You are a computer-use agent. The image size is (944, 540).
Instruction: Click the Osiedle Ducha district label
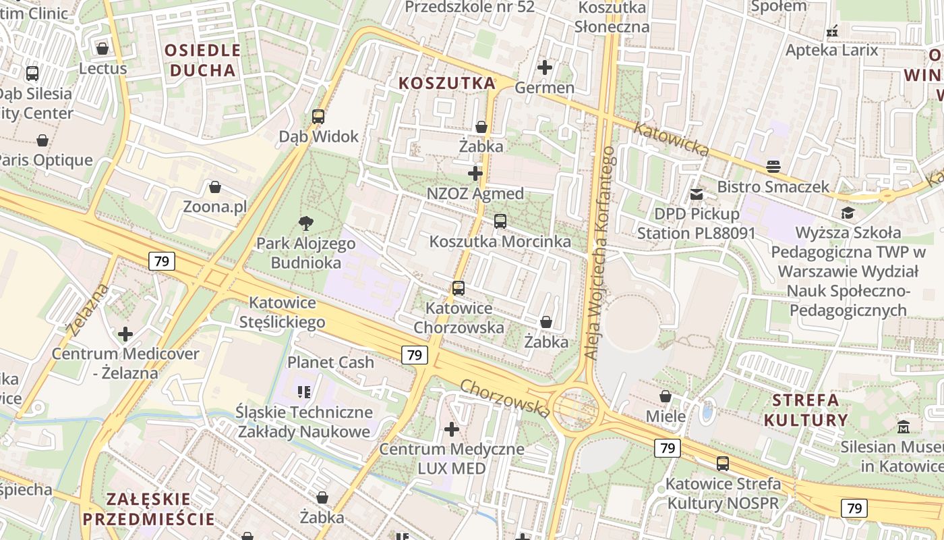202,59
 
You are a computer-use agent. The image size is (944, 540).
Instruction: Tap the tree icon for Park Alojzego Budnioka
306,223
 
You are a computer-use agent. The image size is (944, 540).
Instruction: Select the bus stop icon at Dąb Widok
318,116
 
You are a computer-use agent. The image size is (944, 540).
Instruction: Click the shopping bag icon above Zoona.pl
215,186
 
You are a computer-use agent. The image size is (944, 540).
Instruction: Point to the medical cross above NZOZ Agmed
475,173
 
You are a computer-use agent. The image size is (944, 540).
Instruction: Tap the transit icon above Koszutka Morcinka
500,221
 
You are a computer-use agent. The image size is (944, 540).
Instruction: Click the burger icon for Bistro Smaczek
773,166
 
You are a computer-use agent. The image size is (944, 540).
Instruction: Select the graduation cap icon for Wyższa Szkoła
848,213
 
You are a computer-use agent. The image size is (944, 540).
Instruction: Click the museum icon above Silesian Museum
904,427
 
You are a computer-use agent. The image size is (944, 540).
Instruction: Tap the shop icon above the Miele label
666,396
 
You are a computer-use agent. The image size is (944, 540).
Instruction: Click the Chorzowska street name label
505,398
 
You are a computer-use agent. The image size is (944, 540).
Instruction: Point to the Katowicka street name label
671,138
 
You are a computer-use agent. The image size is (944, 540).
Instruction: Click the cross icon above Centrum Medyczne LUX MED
452,429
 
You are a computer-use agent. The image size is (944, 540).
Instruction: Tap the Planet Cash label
330,362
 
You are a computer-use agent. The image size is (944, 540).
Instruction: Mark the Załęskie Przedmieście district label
149,509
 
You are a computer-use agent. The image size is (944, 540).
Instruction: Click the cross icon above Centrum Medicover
125,333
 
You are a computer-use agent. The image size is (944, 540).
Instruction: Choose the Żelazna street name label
88,310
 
